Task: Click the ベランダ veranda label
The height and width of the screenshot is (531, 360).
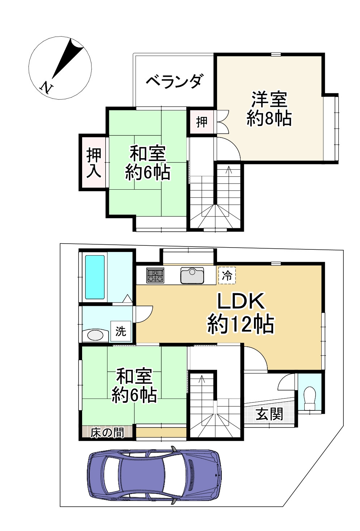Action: click(x=174, y=81)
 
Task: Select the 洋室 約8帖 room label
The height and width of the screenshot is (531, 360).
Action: click(x=269, y=109)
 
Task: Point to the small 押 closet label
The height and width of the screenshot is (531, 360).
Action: click(x=202, y=122)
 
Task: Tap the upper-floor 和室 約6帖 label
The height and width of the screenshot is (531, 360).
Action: click(x=148, y=163)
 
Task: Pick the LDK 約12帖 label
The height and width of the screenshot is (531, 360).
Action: click(x=241, y=313)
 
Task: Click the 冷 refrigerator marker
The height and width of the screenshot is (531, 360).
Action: click(x=227, y=276)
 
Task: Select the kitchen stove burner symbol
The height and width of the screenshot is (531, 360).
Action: click(x=155, y=275)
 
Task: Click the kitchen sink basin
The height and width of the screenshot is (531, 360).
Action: click(x=192, y=276)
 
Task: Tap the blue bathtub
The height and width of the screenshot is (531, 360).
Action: click(x=95, y=277)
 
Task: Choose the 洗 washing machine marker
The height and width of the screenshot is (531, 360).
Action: click(x=120, y=331)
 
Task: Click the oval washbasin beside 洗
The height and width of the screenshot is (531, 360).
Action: click(x=95, y=335)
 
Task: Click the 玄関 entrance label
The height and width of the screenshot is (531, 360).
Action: click(x=269, y=414)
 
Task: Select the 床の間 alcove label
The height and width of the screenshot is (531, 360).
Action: click(x=107, y=433)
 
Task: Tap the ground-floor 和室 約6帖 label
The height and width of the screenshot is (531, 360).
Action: click(x=134, y=385)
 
